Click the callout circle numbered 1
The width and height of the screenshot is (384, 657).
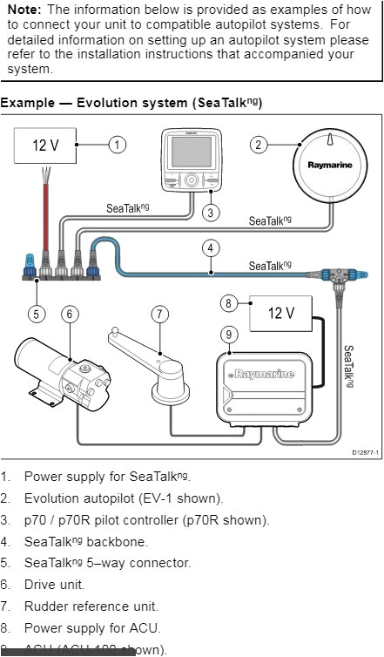point(118,145)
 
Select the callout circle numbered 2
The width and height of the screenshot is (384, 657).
point(259,145)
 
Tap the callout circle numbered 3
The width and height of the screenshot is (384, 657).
point(211,212)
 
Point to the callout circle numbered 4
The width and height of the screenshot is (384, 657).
point(211,247)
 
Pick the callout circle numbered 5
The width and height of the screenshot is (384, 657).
point(36,313)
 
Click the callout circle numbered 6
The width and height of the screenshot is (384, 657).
point(71,313)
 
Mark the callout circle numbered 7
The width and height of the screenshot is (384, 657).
point(158,313)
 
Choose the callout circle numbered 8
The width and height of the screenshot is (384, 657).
point(229,303)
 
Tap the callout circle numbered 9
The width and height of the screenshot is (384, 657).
point(229,334)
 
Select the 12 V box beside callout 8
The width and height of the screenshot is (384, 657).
point(280,313)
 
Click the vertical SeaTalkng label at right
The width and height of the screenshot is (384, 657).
point(348,367)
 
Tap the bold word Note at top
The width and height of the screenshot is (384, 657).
point(24,9)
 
